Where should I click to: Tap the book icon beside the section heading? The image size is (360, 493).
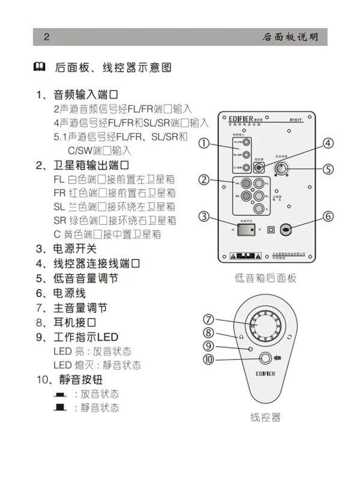(38, 67)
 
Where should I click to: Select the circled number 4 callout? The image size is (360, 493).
(328, 143)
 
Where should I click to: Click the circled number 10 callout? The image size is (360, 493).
(208, 359)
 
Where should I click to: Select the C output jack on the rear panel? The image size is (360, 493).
(257, 208)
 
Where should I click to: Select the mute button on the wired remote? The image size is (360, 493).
(265, 359)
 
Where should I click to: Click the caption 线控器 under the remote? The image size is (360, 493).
(265, 417)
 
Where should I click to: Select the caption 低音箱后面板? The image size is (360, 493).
(265, 278)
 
